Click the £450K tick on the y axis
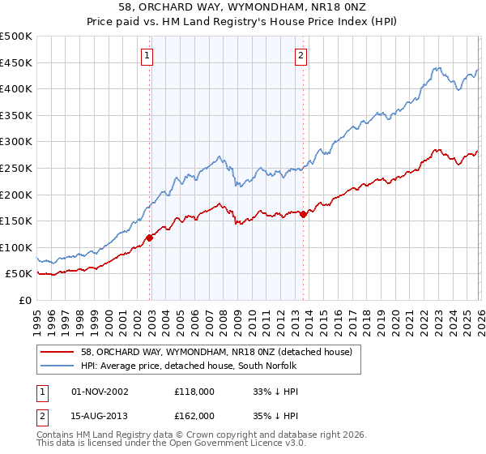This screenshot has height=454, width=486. [16, 62]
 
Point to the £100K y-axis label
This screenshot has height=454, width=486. [16, 247]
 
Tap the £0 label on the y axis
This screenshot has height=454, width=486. [26, 300]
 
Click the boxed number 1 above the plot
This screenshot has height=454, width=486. [147, 56]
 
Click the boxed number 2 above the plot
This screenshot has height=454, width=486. [301, 56]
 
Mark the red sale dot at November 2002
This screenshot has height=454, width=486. [150, 238]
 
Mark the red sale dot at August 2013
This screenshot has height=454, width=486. [303, 214]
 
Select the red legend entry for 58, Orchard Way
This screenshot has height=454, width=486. [216, 352]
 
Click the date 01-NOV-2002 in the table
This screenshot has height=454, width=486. [100, 392]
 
